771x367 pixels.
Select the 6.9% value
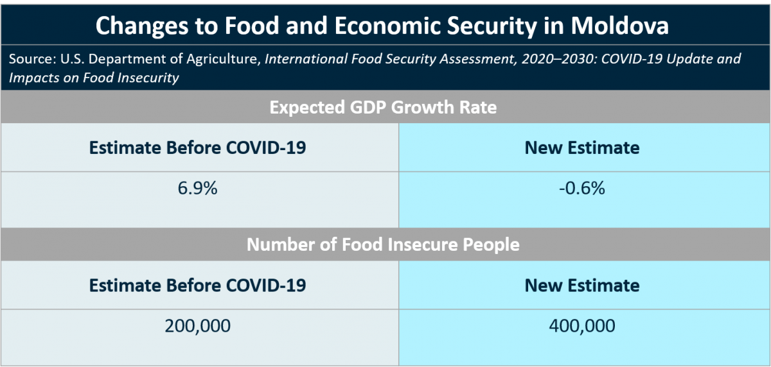point(197,189)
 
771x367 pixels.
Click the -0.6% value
point(582,189)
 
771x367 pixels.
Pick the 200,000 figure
point(197,326)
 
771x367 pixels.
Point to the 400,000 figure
point(582,326)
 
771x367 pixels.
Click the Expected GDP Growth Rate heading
point(383,107)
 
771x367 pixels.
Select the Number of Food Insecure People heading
point(383,244)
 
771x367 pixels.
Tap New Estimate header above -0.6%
point(582,148)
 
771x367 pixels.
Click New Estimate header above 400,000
point(582,285)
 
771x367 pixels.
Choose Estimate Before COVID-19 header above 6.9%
point(197,148)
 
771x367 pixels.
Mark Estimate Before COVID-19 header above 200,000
point(197,285)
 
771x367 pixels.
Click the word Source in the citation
point(31,60)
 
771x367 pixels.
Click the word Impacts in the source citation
point(32,78)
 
